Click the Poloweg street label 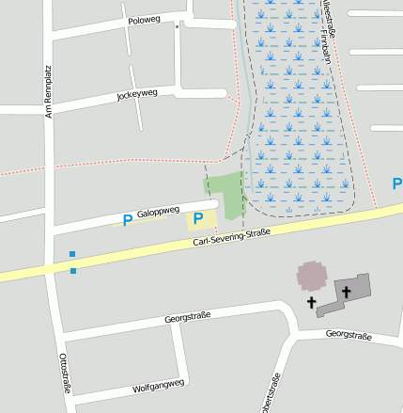[145, 19]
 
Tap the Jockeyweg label [136, 95]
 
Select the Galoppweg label [157, 213]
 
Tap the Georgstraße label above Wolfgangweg [188, 316]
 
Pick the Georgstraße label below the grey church [349, 336]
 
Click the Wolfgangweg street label [158, 386]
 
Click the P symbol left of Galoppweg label [127, 220]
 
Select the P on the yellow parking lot [198, 218]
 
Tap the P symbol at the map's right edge [396, 183]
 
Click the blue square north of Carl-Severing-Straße [72, 253]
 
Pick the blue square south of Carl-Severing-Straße [73, 271]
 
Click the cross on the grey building [346, 292]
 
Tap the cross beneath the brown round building [312, 303]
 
